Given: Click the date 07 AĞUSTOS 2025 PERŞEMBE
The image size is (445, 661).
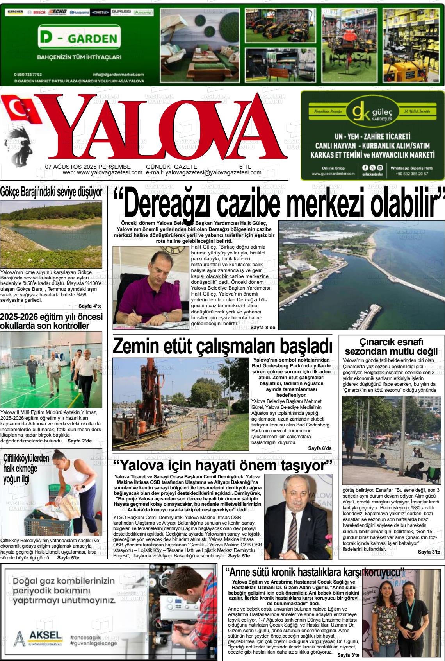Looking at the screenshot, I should (x=88, y=167).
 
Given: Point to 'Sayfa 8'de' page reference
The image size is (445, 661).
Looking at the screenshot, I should (x=263, y=327).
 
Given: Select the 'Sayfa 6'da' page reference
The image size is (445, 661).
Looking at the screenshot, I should (x=320, y=448).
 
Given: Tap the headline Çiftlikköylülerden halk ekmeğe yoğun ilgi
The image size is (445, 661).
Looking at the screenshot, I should (x=27, y=468).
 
